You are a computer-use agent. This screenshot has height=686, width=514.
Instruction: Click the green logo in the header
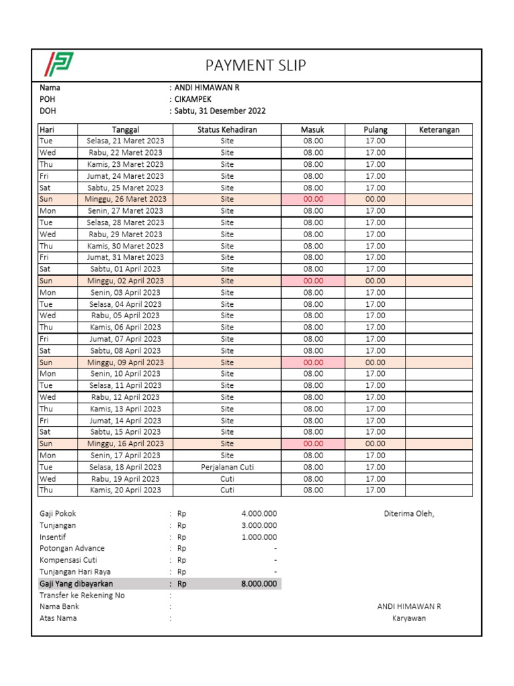point(58,65)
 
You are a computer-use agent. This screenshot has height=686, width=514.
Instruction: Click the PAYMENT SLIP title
point(256,65)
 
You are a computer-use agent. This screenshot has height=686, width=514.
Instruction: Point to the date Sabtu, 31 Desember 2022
point(219,111)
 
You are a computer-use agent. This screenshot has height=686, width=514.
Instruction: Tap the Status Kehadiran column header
point(227,130)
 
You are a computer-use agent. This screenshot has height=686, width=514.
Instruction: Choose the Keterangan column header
point(439,130)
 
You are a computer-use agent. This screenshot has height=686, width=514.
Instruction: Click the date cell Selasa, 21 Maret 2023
point(125,141)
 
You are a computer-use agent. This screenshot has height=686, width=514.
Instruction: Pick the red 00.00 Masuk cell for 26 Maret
point(313,200)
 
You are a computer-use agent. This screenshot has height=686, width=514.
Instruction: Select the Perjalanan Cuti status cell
point(227,467)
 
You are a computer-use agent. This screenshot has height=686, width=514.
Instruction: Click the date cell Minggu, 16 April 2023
point(125,443)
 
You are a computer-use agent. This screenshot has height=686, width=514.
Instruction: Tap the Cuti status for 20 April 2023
point(227,490)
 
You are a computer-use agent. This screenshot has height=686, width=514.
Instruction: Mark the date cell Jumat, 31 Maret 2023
point(125,257)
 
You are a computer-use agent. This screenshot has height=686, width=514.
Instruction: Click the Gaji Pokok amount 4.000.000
point(259,514)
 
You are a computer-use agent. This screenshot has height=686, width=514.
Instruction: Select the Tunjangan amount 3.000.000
point(259,525)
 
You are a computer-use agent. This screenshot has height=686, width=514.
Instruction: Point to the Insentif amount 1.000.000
point(259,537)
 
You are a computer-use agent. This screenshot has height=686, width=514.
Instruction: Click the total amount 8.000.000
point(259,584)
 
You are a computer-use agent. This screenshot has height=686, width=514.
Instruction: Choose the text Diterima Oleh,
point(409,514)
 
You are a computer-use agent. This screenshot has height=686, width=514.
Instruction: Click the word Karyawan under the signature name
point(409,618)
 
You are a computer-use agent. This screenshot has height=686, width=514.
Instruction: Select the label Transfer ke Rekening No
point(82,596)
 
